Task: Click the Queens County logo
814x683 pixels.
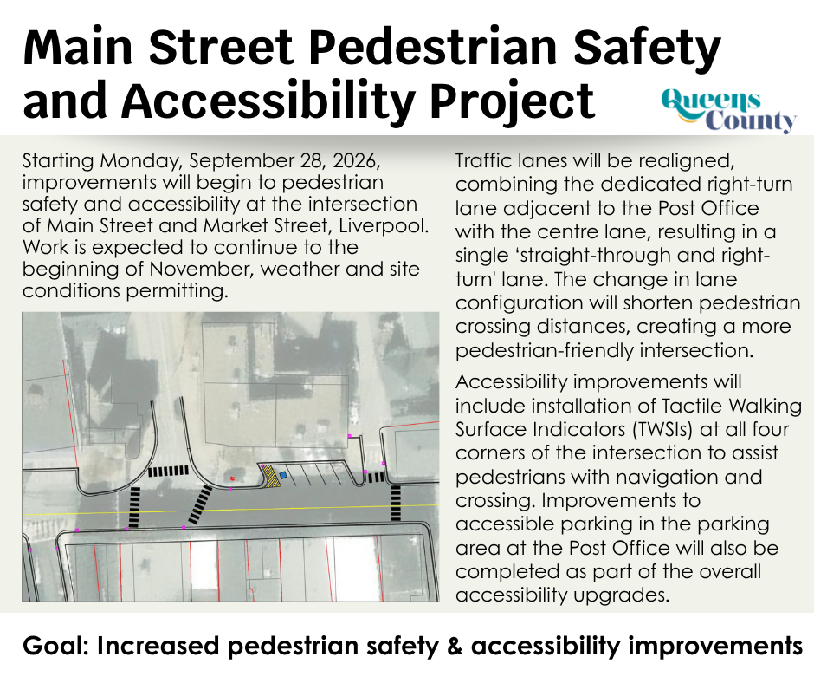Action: [x=729, y=111]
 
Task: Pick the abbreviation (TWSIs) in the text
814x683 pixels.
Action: [x=662, y=430]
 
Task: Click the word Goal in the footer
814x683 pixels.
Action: [x=55, y=646]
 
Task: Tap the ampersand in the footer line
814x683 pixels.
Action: [x=455, y=646]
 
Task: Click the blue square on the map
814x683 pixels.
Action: [x=283, y=475]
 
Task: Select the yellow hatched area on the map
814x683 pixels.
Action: [x=270, y=476]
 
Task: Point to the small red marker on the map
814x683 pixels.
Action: [x=233, y=478]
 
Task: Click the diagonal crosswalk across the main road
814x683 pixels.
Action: [x=200, y=504]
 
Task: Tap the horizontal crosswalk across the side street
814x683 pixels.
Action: [x=168, y=472]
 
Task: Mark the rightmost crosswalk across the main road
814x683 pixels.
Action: [x=396, y=503]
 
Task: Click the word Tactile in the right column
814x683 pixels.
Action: [x=692, y=405]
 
